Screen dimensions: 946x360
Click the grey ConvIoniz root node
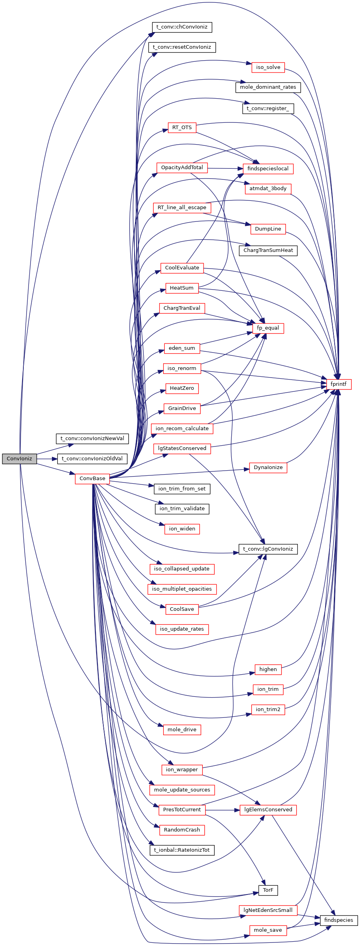[19, 458]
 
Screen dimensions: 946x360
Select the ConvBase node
[92, 478]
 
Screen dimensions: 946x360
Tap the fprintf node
[338, 384]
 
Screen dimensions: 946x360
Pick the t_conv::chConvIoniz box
[182, 27]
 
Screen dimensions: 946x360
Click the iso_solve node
[268, 67]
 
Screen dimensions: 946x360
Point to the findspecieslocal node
[268, 168]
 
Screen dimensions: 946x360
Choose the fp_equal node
[268, 328]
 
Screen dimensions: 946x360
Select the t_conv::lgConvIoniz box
[268, 549]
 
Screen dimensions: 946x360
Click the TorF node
[268, 890]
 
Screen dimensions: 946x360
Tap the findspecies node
[339, 920]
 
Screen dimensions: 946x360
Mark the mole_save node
[268, 930]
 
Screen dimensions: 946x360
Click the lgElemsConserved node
[268, 809]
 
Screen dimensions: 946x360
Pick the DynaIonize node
[268, 467]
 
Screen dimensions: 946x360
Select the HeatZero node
[182, 388]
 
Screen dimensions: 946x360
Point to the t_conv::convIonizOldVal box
[92, 458]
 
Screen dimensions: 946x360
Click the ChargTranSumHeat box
[268, 250]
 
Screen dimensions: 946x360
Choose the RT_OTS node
[182, 127]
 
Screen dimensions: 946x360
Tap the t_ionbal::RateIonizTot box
[182, 850]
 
